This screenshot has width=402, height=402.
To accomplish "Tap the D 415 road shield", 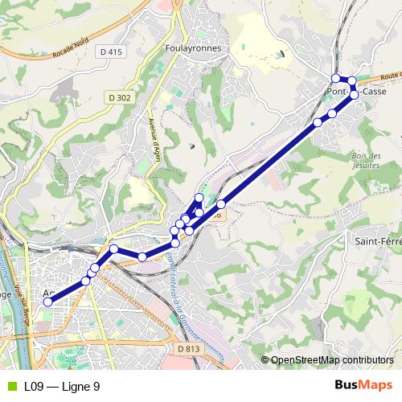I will [x=113, y=51].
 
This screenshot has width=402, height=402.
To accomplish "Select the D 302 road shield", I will [x=118, y=96].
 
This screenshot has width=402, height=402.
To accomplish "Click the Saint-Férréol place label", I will [x=378, y=240].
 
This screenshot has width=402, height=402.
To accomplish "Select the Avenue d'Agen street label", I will [x=154, y=137].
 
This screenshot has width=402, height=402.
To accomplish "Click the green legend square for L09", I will [x=11, y=387].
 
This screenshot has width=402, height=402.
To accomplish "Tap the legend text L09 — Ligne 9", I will [x=62, y=387].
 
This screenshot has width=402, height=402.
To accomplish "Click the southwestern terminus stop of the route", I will [x=47, y=302].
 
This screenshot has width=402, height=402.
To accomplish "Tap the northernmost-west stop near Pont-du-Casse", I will [x=336, y=78].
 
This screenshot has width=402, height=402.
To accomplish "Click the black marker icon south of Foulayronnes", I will [x=191, y=146].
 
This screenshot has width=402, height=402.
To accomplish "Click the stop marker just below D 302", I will [x=114, y=249].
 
